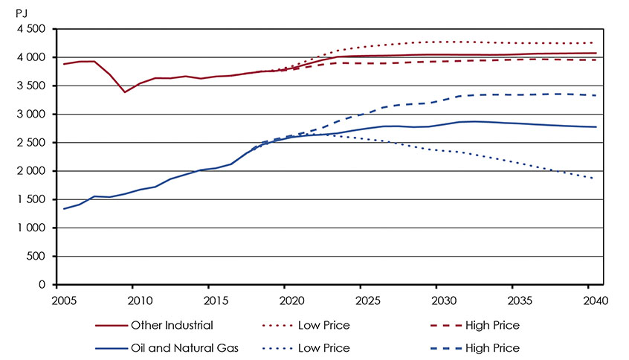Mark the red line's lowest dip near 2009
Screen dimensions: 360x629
click(x=125, y=92)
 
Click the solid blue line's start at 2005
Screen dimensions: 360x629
click(x=64, y=208)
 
